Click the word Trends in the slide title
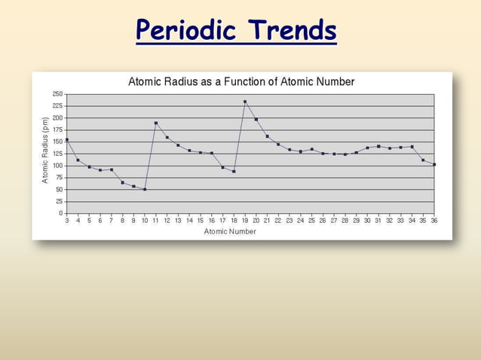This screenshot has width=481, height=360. click(293, 31)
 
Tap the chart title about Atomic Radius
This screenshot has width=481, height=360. click(241, 81)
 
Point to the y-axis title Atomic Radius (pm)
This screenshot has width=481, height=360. click(46, 150)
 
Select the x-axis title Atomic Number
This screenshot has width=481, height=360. click(230, 231)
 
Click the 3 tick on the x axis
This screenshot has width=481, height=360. click(67, 221)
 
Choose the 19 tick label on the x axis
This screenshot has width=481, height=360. click(245, 221)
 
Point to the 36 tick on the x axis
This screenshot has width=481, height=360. click(434, 221)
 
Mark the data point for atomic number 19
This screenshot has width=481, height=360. click(245, 102)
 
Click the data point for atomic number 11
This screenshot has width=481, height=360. click(156, 123)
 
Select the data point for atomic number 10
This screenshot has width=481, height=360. click(145, 189)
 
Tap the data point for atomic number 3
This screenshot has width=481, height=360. click(67, 139)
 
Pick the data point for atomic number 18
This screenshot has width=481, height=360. click(234, 171)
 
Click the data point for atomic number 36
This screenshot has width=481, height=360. click(434, 164)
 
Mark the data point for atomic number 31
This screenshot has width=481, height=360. click(378, 146)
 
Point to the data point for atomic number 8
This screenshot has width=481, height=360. click(123, 182)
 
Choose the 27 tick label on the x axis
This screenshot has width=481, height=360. click(334, 221)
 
